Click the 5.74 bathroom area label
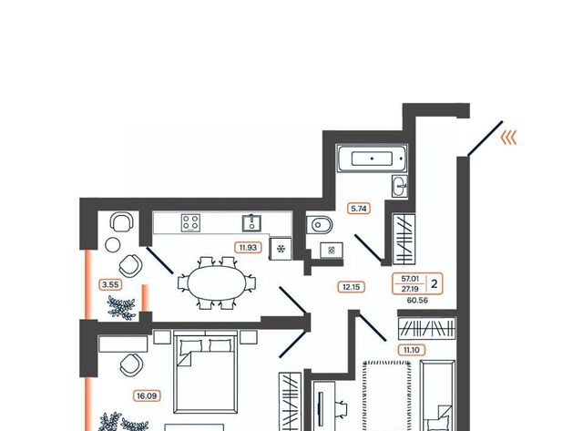pyautogui.click(x=359, y=209)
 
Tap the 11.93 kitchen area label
pyautogui.click(x=248, y=247)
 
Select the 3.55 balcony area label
pyautogui.click(x=110, y=285)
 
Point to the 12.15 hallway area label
pyautogui.click(x=351, y=287)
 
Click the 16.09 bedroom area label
pyautogui.click(x=147, y=396)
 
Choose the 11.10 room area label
pyautogui.click(x=411, y=350)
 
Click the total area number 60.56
pyautogui.click(x=417, y=300)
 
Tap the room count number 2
pyautogui.click(x=435, y=283)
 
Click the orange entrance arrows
pyautogui.click(x=509, y=138)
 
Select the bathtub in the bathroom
pyautogui.click(x=373, y=159)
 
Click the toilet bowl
pyautogui.click(x=319, y=224)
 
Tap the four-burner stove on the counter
pyautogui.click(x=190, y=223)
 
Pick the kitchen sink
pyautogui.click(x=251, y=223)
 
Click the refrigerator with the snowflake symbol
pyautogui.click(x=281, y=249)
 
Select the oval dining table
pyautogui.click(x=217, y=283)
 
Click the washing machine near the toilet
pyautogui.click(x=332, y=250)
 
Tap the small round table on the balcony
pyautogui.click(x=113, y=245)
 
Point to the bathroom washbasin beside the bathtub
pyautogui.click(x=400, y=186)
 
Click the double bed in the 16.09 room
pyautogui.click(x=206, y=372)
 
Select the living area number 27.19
pyautogui.click(x=409, y=289)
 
